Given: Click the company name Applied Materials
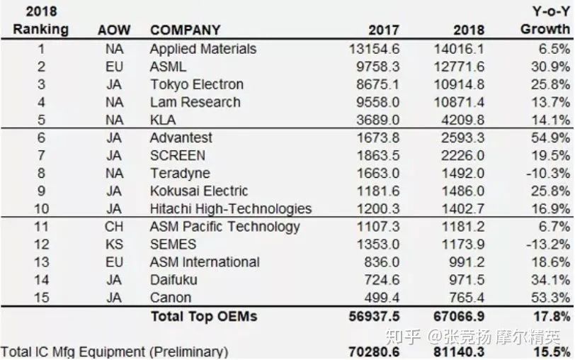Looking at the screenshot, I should coord(203,49).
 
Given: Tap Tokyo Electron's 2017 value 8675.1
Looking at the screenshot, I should coord(375,84).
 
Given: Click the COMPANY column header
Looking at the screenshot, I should coord(185,30).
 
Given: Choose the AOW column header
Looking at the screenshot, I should coord(113,30).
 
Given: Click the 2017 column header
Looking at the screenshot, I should coord(384,30).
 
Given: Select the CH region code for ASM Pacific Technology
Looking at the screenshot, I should coord(113,227).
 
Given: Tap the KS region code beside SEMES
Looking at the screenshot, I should coord(113,244).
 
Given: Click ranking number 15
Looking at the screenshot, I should coord(41,298).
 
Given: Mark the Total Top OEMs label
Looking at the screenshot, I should coord(203,316).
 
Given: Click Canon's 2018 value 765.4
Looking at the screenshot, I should coord(465,298).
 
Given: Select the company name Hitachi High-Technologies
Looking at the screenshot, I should coord(231,208).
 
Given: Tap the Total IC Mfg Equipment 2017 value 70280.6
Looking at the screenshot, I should coord(374,351).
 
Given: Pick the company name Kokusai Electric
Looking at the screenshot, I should coord(199,191).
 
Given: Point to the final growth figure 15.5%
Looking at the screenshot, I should coord(553,351).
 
